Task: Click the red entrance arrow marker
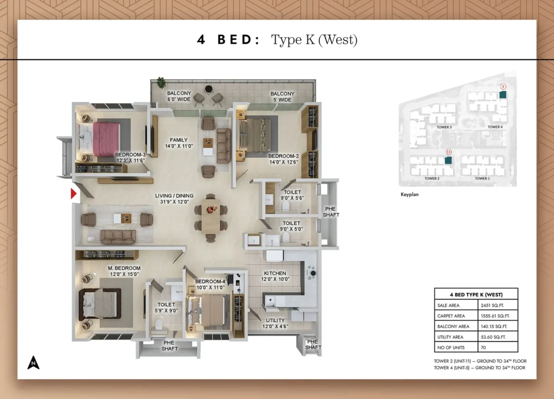[73, 194]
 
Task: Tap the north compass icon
[33, 363]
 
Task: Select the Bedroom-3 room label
[131, 157]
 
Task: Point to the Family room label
[178, 143]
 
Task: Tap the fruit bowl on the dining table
[211, 210]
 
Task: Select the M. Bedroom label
[124, 271]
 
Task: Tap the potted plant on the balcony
[161, 83]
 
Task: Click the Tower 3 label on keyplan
[444, 127]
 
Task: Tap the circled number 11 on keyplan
[448, 152]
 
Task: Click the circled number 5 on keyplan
[503, 86]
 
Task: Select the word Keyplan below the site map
[409, 195]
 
